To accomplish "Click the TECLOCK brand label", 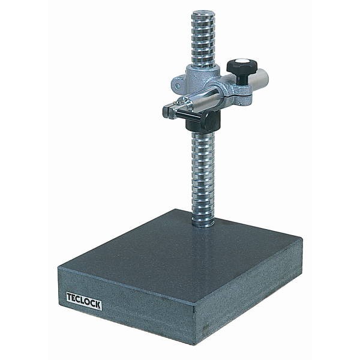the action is [84, 301].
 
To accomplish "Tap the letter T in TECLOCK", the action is [70, 297].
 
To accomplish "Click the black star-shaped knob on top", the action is [242, 65].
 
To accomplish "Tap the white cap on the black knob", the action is [242, 61].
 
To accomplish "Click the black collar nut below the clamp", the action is [203, 123].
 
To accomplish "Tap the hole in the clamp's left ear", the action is [177, 86].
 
